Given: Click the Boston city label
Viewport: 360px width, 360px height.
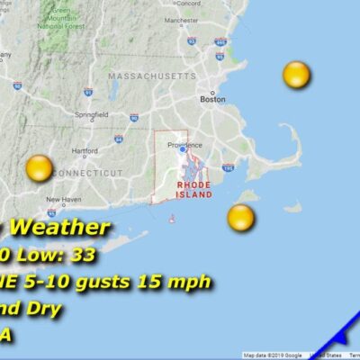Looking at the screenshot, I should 213,100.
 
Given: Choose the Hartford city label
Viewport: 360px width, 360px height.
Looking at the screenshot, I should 84,150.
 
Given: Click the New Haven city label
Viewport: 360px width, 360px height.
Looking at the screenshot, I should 65,199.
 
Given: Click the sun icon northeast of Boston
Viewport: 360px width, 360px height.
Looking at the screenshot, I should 296,76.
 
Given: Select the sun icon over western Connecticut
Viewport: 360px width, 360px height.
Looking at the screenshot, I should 40,167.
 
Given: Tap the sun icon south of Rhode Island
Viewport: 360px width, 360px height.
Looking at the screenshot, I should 240,217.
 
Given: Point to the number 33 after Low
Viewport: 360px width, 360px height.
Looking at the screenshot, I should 84,255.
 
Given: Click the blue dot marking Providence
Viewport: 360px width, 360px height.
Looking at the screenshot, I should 181,149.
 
